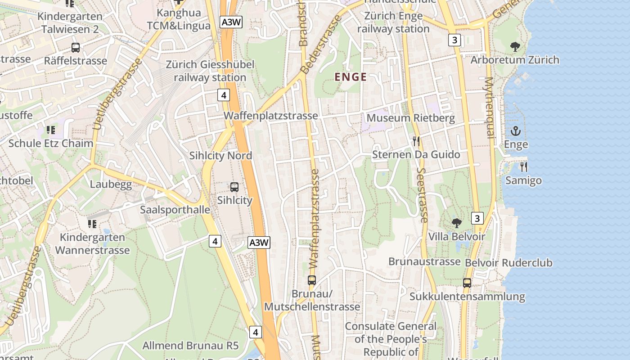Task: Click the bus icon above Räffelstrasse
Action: coord(76,47)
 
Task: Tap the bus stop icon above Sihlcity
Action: coord(234,187)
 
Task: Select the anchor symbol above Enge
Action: coord(516,131)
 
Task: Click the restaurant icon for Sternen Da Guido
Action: coord(416,141)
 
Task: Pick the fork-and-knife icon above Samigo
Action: coord(523,167)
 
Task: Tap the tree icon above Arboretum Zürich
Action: coord(515,46)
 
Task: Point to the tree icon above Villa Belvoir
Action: coord(457,223)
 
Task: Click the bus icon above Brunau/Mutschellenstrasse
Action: coord(312,280)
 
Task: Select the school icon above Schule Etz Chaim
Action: coord(51,130)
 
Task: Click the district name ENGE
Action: coord(351,77)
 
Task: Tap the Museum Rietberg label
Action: coord(410,118)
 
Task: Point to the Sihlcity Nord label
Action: coord(220,156)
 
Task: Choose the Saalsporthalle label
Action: coord(175,210)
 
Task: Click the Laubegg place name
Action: coord(111,184)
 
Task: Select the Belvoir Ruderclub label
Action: coord(508,262)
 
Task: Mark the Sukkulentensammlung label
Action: coord(467,297)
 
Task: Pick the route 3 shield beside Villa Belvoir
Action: coord(477,219)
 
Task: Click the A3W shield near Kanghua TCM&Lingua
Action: coord(231,22)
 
